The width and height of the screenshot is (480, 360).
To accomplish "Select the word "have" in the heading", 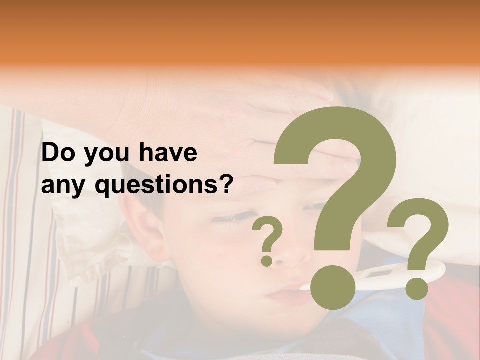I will (x=168, y=153).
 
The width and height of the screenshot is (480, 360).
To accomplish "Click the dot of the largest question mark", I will (x=333, y=287).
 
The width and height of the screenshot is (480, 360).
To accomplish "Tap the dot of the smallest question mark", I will (x=267, y=260).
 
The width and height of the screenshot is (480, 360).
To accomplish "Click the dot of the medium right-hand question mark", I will (x=417, y=288).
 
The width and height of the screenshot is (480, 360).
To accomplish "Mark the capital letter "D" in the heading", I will (x=51, y=153).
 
